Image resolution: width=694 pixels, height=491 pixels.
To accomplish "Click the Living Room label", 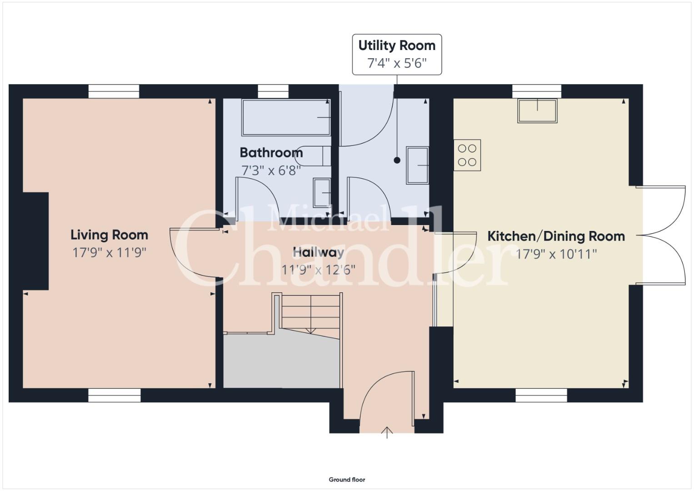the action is tap(109, 235).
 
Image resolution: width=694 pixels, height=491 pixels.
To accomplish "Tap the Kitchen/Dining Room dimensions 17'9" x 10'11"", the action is tap(556, 254).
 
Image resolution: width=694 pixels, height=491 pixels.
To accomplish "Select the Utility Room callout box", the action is tap(397, 55).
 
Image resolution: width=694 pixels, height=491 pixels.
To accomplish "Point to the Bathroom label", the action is tap(271, 152).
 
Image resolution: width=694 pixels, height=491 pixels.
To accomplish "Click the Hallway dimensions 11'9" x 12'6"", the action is tap(318, 270).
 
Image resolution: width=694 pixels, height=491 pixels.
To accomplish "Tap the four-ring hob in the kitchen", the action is tap(467, 155).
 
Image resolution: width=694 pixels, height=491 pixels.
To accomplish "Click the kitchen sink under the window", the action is tap(537, 110).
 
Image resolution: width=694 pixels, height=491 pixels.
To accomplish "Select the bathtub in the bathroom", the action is tap(286, 117).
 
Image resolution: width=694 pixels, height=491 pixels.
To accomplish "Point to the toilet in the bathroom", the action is tap(313, 156).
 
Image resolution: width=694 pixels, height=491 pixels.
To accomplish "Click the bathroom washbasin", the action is tap(322, 192).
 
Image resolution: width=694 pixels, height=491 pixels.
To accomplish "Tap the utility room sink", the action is tap(418, 165).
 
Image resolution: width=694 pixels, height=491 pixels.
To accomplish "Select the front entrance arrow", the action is tap(387, 433).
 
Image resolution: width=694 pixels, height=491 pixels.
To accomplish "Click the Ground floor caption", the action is tap(347, 480).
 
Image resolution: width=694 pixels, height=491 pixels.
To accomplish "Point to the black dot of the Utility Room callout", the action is tap(397, 160).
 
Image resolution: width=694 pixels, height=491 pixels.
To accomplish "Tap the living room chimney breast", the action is tap(35, 241).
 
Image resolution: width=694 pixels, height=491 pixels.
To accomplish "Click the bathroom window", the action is tap(273, 91).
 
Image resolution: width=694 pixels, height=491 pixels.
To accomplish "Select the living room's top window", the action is tap(114, 91).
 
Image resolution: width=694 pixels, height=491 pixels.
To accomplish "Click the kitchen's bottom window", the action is tap(541, 395).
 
